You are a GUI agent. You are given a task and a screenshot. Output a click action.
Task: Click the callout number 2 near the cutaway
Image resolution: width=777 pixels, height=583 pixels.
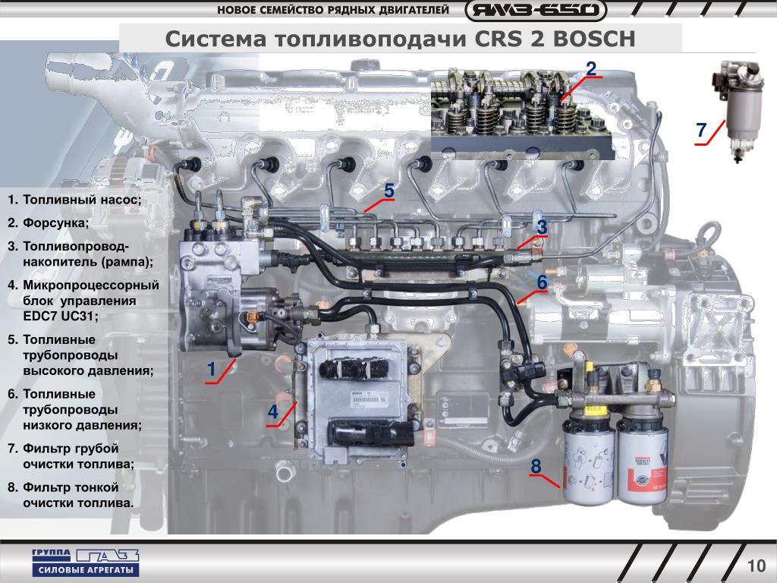click(x=591, y=68)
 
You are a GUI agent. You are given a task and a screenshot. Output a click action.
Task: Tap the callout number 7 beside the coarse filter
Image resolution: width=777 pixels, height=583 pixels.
click(x=702, y=131)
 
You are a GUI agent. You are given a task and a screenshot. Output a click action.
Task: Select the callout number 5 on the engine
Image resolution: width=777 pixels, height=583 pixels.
click(x=388, y=191)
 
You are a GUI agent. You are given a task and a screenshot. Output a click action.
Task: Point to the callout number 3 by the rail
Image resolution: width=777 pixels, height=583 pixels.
click(x=541, y=228)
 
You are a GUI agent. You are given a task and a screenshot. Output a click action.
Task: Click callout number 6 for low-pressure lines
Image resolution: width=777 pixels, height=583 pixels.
click(x=542, y=282)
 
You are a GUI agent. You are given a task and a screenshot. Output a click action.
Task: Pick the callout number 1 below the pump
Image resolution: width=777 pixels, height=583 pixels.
click(x=212, y=370)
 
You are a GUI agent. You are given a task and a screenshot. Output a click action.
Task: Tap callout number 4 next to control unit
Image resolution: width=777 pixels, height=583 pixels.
click(x=272, y=412)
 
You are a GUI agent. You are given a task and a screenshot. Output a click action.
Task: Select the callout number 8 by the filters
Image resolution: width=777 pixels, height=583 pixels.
click(x=536, y=466)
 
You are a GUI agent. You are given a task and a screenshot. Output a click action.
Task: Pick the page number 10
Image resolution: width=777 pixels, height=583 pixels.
click(x=756, y=566)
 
